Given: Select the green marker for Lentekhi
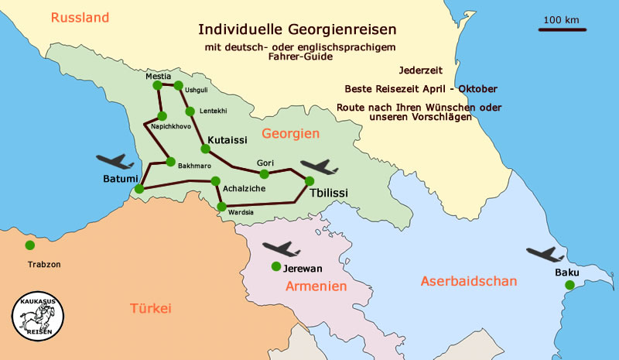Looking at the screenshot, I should tap(190, 111).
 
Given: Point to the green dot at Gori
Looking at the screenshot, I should tap(264, 173).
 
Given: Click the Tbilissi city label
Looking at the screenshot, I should tap(327, 193).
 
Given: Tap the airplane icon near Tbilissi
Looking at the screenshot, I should tap(319, 166).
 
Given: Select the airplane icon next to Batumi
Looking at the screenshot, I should tap(117, 161).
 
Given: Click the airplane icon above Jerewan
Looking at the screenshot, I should tap(281, 249).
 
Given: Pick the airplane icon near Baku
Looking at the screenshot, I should tap(545, 255).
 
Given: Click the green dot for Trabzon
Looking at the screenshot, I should tap(29, 245).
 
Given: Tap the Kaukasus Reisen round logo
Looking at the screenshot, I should tap(38, 318).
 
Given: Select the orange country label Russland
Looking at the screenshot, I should tap(80, 17).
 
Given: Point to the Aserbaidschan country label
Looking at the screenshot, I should tap(468, 281).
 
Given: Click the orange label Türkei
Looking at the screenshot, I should tap(149, 308).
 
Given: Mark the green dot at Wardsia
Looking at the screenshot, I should tap(222, 207).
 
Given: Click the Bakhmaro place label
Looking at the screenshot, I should tap(194, 166).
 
